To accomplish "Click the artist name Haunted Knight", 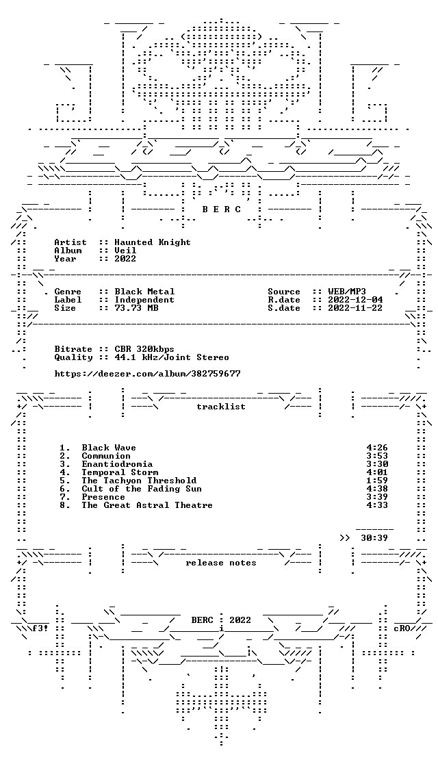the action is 153,242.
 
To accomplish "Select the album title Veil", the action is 125,251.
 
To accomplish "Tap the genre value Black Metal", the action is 144,292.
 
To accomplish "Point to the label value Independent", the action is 144,300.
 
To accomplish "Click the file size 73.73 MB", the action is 136,308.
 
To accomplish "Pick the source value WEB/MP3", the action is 347,292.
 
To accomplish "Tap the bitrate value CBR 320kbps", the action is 144,349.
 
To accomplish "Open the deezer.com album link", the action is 147,374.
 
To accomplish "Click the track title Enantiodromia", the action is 117,464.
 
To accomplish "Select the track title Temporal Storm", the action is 120,472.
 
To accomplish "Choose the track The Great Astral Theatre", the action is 147,505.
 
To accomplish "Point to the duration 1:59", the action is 377,481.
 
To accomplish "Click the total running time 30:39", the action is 374,538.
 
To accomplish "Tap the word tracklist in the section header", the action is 220,407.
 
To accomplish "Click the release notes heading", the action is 220,563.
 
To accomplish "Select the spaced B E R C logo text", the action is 222,209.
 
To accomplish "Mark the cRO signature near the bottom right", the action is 402,628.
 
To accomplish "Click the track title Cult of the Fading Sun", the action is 141,489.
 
